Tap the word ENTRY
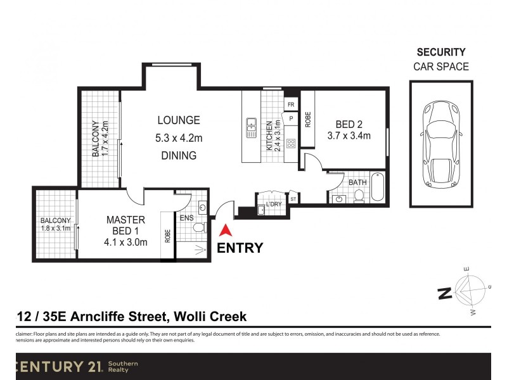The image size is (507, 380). [x=240, y=248]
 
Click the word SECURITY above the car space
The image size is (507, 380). [x=440, y=53]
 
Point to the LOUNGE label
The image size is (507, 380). [x=179, y=120]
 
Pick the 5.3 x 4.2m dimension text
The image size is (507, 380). [x=179, y=137]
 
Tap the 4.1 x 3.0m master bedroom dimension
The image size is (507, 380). [x=126, y=241]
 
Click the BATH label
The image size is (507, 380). [x=357, y=182]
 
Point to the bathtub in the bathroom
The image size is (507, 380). [x=377, y=187]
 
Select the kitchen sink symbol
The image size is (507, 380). [x=251, y=127]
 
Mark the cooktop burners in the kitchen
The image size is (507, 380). [x=292, y=143]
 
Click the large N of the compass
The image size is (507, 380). [x=444, y=293]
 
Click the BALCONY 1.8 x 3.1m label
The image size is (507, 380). [x=55, y=225]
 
